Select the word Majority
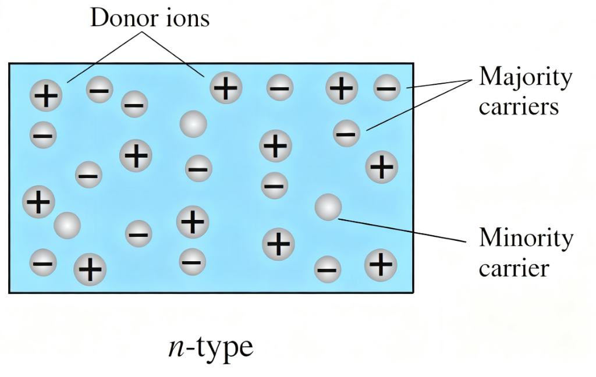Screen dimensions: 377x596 (526, 77)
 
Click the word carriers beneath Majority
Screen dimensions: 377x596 (519, 107)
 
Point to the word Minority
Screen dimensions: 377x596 (526, 238)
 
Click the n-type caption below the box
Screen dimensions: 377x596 (210, 347)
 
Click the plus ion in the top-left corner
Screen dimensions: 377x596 (47, 95)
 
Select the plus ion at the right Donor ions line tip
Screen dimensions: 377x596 (226, 88)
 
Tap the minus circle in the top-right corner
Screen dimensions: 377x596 (386, 88)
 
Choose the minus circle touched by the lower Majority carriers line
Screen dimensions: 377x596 (346, 133)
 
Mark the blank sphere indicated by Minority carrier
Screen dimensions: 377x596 (328, 208)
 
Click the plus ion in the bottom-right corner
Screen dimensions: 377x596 (381, 265)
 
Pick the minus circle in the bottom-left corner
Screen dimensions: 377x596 (44, 262)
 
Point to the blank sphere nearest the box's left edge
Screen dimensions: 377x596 (68, 225)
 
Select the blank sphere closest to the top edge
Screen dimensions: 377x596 (193, 124)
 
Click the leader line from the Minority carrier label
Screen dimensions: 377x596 (402, 230)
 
